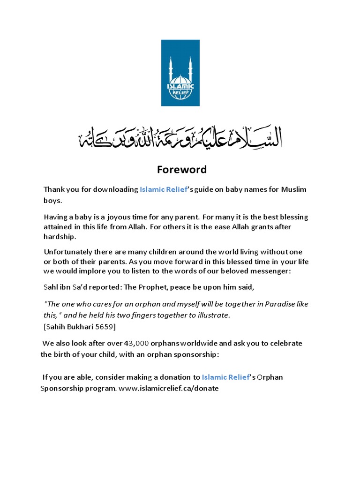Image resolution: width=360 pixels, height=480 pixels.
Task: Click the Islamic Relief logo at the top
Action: (x=180, y=73)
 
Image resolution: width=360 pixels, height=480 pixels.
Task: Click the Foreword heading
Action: (x=180, y=169)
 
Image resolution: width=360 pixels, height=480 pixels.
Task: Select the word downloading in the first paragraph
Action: (x=114, y=189)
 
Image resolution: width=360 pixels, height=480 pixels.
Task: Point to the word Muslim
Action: (x=293, y=189)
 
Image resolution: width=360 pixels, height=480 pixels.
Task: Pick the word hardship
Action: (x=60, y=237)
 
